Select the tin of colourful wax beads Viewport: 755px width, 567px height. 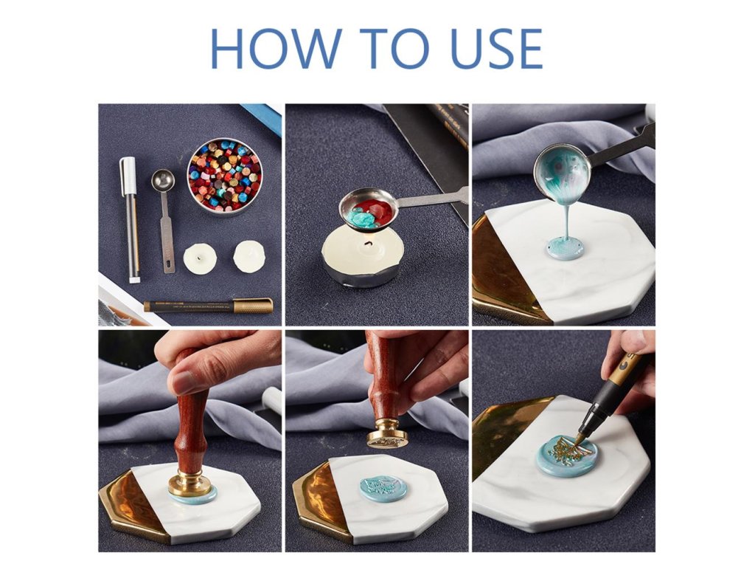point(224,176)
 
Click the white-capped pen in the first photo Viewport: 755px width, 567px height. point(130,219)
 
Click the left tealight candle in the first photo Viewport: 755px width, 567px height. point(200,258)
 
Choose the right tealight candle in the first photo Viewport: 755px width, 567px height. point(249,256)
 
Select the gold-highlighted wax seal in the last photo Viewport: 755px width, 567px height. point(567,455)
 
